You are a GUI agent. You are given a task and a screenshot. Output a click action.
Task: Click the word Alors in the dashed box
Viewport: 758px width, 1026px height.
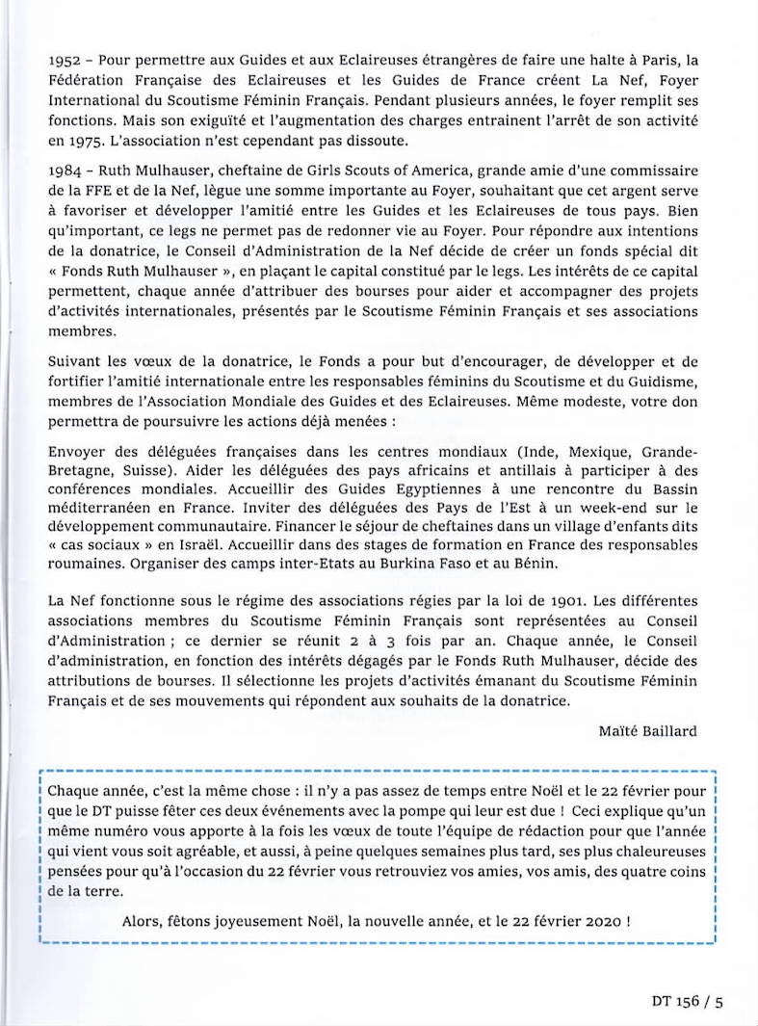144,920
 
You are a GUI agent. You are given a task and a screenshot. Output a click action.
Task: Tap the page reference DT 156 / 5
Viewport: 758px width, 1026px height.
687,1002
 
